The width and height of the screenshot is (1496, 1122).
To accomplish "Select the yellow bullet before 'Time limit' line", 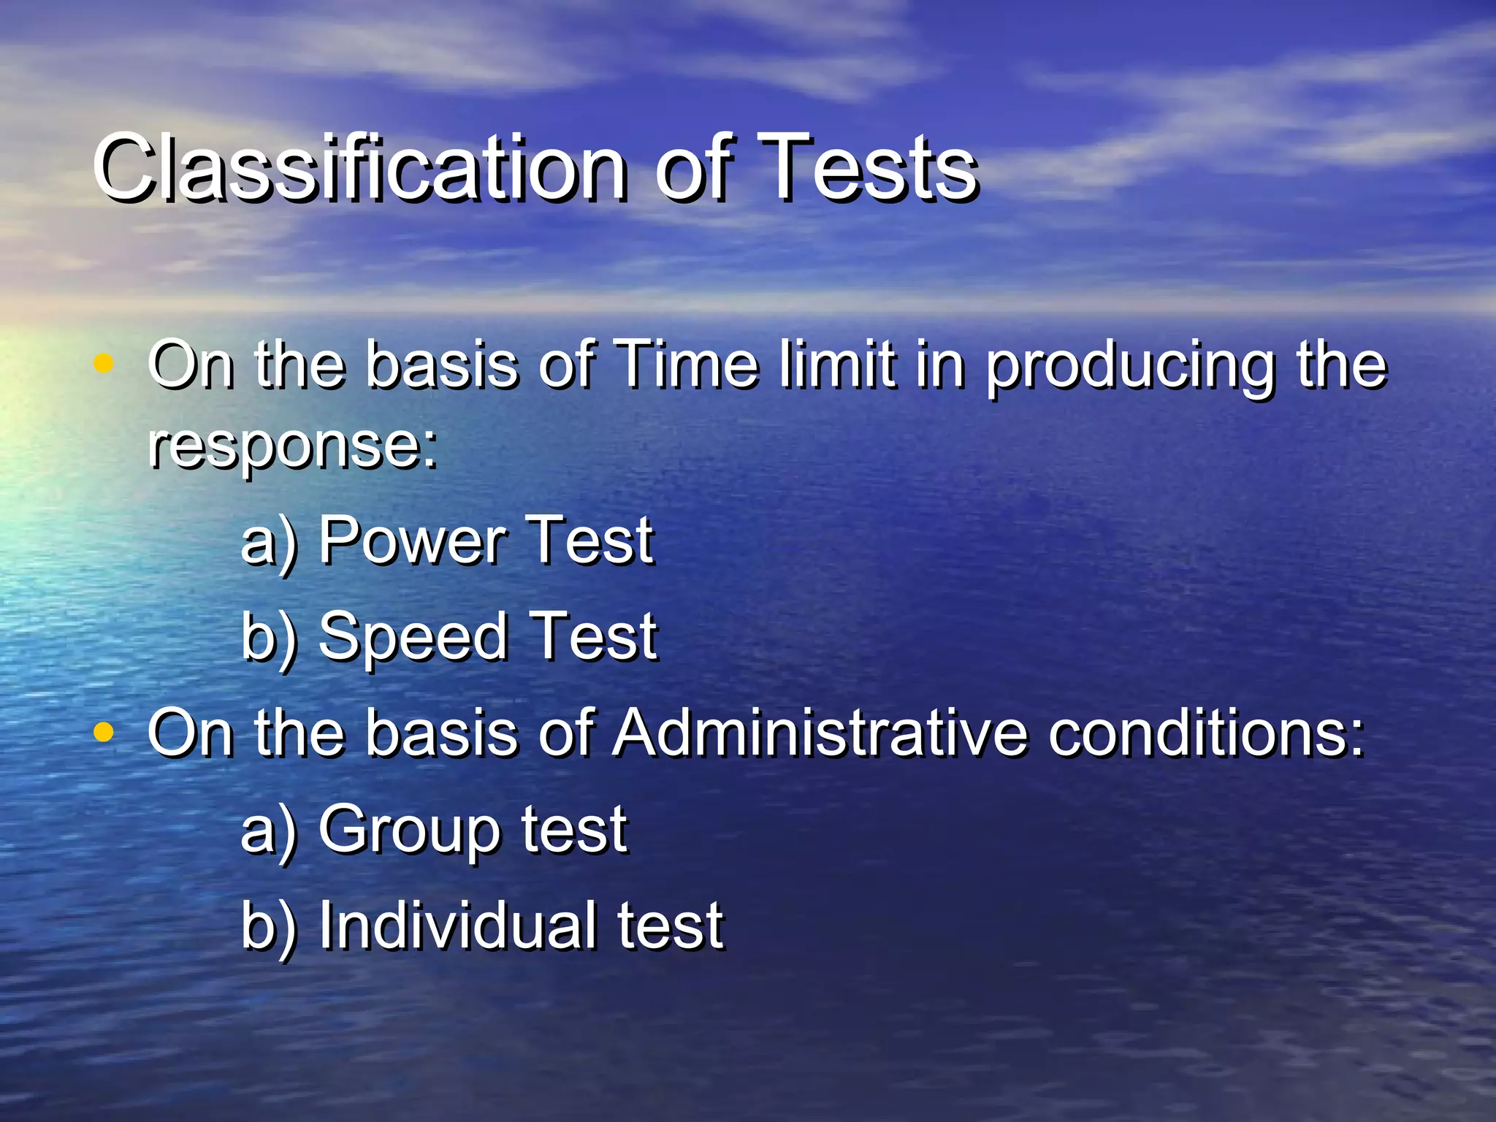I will (104, 363).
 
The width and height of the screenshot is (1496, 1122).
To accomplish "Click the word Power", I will (412, 541).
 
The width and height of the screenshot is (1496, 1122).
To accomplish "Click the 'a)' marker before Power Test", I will (269, 542).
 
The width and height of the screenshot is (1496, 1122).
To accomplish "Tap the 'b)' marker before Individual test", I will (269, 926).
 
